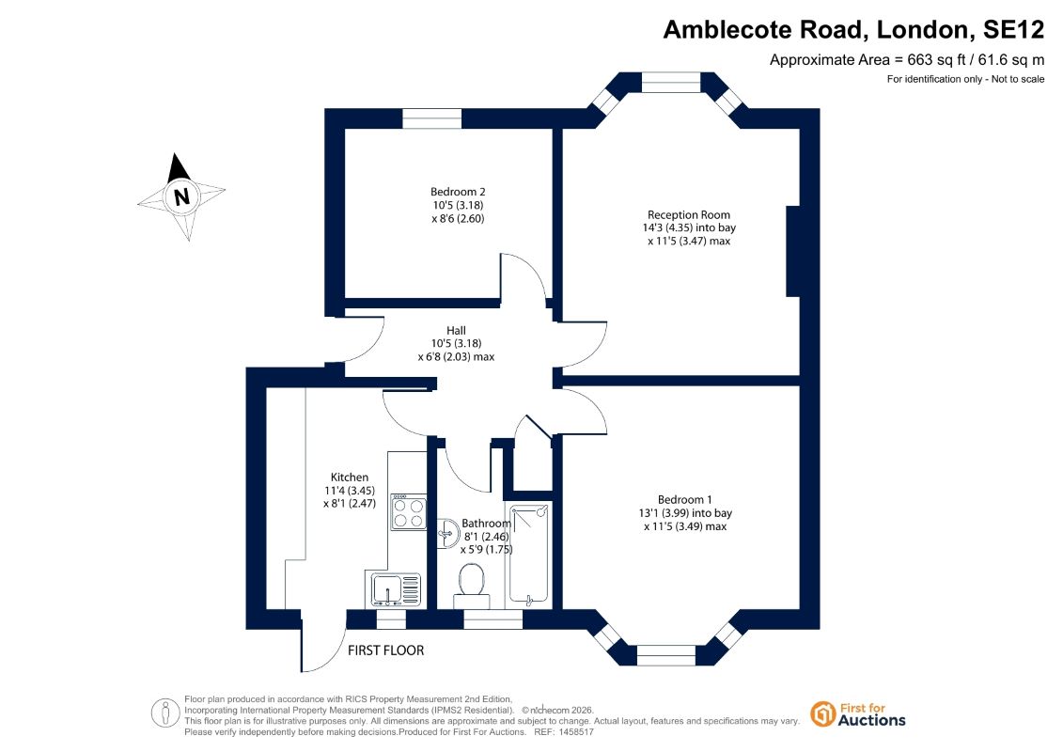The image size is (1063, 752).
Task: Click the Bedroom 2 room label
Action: coord(458,192)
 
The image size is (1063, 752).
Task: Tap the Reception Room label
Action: coord(688,215)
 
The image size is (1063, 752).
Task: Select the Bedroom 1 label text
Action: coord(685,500)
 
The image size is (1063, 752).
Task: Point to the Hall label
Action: coord(456,330)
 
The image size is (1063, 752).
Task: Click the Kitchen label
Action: coord(349,478)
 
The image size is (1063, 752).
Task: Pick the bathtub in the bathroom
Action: coord(529,553)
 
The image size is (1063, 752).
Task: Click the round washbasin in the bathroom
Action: coord(447,533)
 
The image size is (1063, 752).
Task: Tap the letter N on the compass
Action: coord(181,196)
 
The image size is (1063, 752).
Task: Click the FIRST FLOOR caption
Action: coord(385,650)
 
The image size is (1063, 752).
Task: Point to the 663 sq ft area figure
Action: coord(936,59)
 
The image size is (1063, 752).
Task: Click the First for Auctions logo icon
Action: coord(822,714)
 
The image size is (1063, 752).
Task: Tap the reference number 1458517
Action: coord(574,732)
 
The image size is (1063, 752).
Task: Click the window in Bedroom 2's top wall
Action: coord(431,118)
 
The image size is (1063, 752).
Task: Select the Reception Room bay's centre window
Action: coord(671,82)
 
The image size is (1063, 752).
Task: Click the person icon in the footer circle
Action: coord(164,713)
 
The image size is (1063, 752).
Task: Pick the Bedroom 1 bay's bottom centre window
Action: coord(666,656)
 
